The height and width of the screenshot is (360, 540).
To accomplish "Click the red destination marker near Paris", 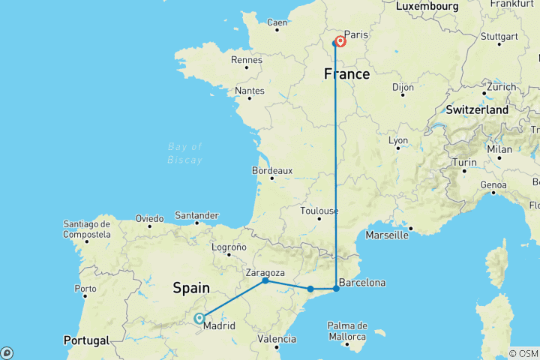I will (340, 41).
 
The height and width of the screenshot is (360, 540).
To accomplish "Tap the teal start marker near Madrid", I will (199, 318).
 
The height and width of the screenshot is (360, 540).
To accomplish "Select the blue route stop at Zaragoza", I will (265, 280).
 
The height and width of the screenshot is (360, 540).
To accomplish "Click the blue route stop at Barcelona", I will (336, 289).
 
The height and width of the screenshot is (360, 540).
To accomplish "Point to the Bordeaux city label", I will (271, 171).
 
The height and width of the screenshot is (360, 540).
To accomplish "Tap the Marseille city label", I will (387, 235).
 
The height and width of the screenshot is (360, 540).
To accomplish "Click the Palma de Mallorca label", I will (346, 331).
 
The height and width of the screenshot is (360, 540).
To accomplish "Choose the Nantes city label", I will (250, 91).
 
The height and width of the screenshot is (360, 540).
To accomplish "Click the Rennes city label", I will (247, 60).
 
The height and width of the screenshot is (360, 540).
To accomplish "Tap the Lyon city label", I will (398, 141).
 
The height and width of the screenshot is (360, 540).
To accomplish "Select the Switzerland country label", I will (478, 109).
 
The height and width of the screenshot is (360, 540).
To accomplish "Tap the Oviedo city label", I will (149, 218).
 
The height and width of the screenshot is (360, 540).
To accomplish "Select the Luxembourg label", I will (427, 6).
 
